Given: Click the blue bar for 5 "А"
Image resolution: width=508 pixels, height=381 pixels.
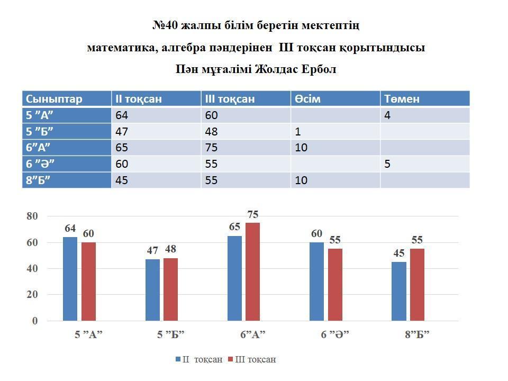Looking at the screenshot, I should click(x=70, y=279).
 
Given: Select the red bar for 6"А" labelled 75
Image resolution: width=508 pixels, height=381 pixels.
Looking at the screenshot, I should click(x=252, y=271).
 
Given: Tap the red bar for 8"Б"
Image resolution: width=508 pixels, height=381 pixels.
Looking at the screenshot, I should click(x=417, y=285).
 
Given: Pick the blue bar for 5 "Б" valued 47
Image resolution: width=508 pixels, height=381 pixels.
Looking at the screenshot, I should click(x=152, y=289).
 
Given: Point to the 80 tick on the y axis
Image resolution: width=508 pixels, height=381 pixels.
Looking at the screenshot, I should click(x=32, y=216).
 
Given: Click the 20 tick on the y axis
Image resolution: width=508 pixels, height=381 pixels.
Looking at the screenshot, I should click(x=32, y=295).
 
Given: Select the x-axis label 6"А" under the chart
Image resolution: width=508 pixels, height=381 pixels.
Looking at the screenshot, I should click(x=252, y=334).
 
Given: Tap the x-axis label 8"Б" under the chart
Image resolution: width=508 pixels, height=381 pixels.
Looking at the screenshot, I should click(x=417, y=334).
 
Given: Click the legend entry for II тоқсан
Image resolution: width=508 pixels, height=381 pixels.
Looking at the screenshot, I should click(x=199, y=359).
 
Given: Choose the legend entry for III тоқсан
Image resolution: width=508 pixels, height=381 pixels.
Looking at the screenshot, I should click(x=252, y=359).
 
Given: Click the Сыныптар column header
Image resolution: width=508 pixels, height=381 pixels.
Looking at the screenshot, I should click(x=54, y=99).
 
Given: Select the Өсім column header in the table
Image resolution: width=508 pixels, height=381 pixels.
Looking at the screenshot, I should click(x=307, y=99).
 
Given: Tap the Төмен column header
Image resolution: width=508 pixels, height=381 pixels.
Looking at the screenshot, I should click(x=402, y=99).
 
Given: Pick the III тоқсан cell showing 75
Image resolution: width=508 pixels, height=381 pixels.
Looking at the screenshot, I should click(x=212, y=148).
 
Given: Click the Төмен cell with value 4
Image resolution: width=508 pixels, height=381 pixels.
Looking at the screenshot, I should click(x=388, y=115).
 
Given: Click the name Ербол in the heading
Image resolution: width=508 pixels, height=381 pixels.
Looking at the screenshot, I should click(x=320, y=69).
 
